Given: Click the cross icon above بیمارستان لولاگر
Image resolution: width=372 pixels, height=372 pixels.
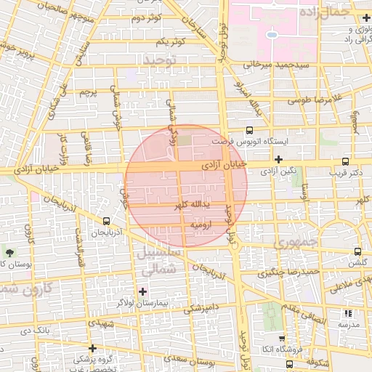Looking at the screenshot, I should (x=142, y=291).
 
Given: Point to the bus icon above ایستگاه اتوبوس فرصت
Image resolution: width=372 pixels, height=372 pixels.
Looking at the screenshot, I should (x=249, y=130).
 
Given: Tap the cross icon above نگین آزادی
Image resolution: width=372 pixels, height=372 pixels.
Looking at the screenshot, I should (x=278, y=159).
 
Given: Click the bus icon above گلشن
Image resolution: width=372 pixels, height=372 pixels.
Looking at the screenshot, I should (x=357, y=251).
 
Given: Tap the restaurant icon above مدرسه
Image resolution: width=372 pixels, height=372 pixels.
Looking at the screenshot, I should (x=348, y=313).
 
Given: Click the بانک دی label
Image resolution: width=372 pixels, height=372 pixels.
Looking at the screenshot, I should (x=35, y=331).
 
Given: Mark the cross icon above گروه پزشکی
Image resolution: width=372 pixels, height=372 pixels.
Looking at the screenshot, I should (x=92, y=348).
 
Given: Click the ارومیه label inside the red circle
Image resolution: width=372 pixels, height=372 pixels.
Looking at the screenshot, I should (x=201, y=226).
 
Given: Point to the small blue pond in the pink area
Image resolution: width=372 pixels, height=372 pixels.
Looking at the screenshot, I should (x=271, y=33).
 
